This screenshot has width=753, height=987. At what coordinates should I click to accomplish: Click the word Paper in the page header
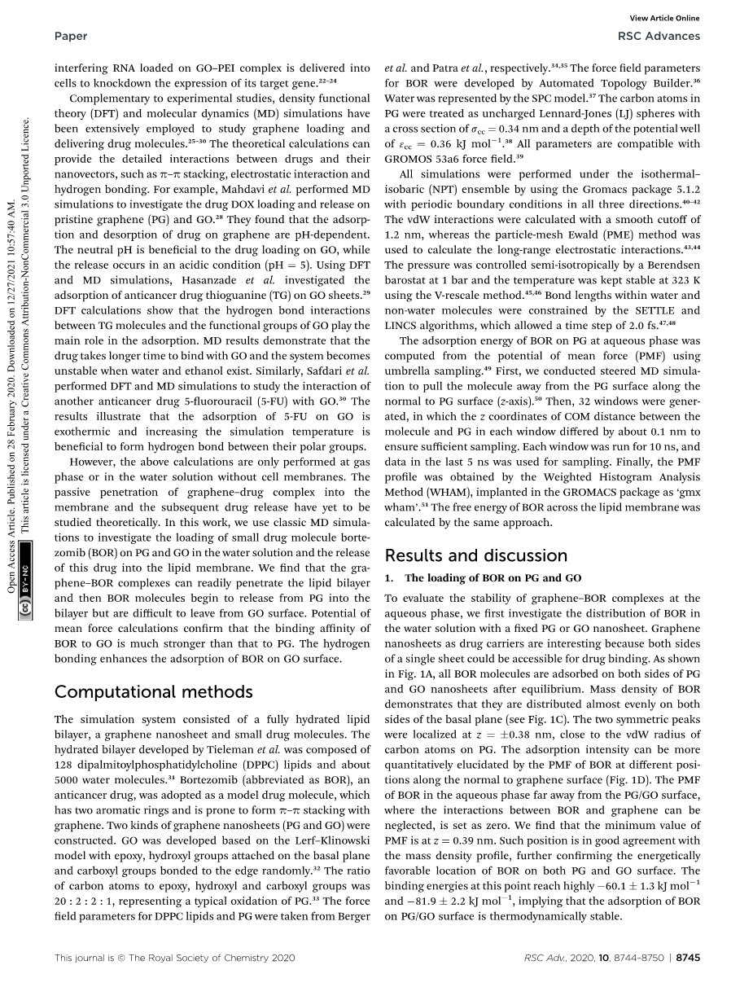pos(71,36)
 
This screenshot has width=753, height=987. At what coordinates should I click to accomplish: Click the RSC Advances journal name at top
pos(659,36)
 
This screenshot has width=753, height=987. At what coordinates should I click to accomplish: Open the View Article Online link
pos(665,18)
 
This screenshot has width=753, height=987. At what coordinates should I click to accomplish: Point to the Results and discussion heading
pos(476,555)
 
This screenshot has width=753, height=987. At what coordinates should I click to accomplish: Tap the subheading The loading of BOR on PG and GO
pos(493,578)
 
